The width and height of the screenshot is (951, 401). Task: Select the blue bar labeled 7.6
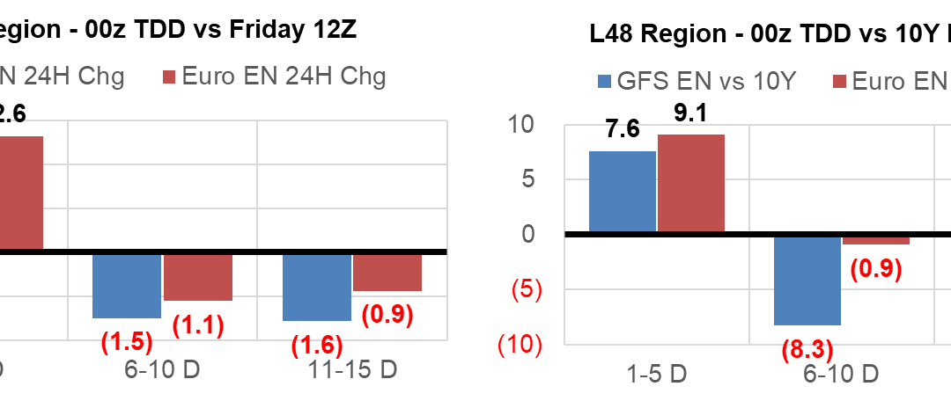pos(622,192)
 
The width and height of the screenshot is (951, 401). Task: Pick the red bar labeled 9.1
pos(690,184)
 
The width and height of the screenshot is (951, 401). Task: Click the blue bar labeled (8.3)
pos(807,280)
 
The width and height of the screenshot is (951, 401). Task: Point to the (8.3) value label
pos(807,351)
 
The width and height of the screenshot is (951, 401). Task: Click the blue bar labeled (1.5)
pos(127,286)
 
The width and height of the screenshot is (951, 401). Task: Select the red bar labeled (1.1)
pos(198,277)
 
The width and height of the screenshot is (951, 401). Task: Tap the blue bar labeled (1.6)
pos(317,288)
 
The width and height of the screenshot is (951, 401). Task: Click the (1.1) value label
pos(198,325)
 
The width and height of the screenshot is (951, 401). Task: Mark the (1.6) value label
pos(317,346)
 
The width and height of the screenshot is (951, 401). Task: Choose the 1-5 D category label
pos(656,375)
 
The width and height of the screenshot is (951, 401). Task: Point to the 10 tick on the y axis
pos(526,124)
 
